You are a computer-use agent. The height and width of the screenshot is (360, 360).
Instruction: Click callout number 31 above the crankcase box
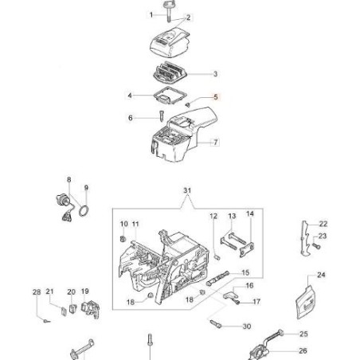[187, 190]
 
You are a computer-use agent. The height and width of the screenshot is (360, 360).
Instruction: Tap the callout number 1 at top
[151, 15]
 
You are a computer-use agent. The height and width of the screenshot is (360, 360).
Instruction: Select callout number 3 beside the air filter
[215, 74]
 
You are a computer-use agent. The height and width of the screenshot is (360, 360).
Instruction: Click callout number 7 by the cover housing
[215, 143]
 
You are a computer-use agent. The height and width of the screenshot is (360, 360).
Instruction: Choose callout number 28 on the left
[36, 292]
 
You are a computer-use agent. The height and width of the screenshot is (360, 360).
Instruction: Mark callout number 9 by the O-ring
[87, 189]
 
